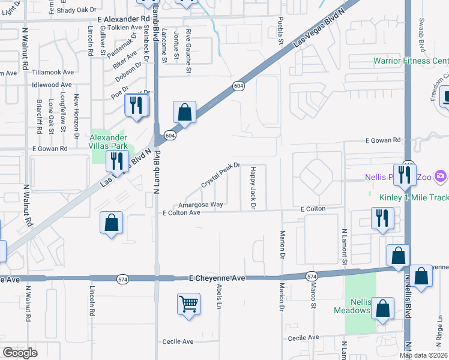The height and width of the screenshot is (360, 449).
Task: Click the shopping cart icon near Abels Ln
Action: [188, 304]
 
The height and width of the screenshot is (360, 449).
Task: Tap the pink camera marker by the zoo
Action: [442, 176]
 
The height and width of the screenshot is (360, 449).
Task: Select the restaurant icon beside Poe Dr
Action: [137, 106]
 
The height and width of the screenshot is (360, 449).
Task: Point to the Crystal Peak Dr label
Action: [220, 175]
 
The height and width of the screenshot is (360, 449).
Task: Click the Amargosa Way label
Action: [200, 205]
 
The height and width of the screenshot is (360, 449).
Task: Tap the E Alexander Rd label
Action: [122, 19]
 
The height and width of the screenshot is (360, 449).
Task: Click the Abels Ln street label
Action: [219, 297]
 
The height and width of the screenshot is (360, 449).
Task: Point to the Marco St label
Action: [313, 297]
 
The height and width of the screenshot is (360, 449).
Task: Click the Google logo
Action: [20, 353]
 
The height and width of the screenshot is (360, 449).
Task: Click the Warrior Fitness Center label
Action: [411, 61]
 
